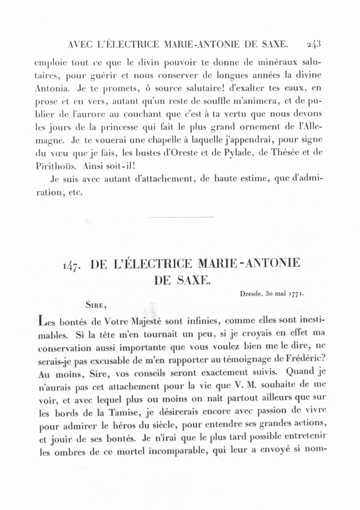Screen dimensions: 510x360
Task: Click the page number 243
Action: pyautogui.click(x=314, y=44)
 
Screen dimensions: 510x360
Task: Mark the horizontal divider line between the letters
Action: pyautogui.click(x=180, y=217)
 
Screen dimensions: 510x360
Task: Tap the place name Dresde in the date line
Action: pyautogui.click(x=251, y=293)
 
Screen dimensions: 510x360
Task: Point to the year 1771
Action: pyautogui.click(x=296, y=293)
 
